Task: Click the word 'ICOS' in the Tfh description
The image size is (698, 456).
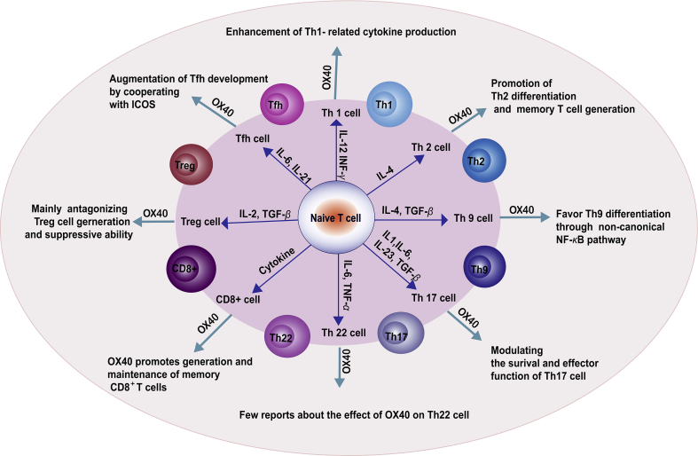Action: [x=123, y=105]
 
